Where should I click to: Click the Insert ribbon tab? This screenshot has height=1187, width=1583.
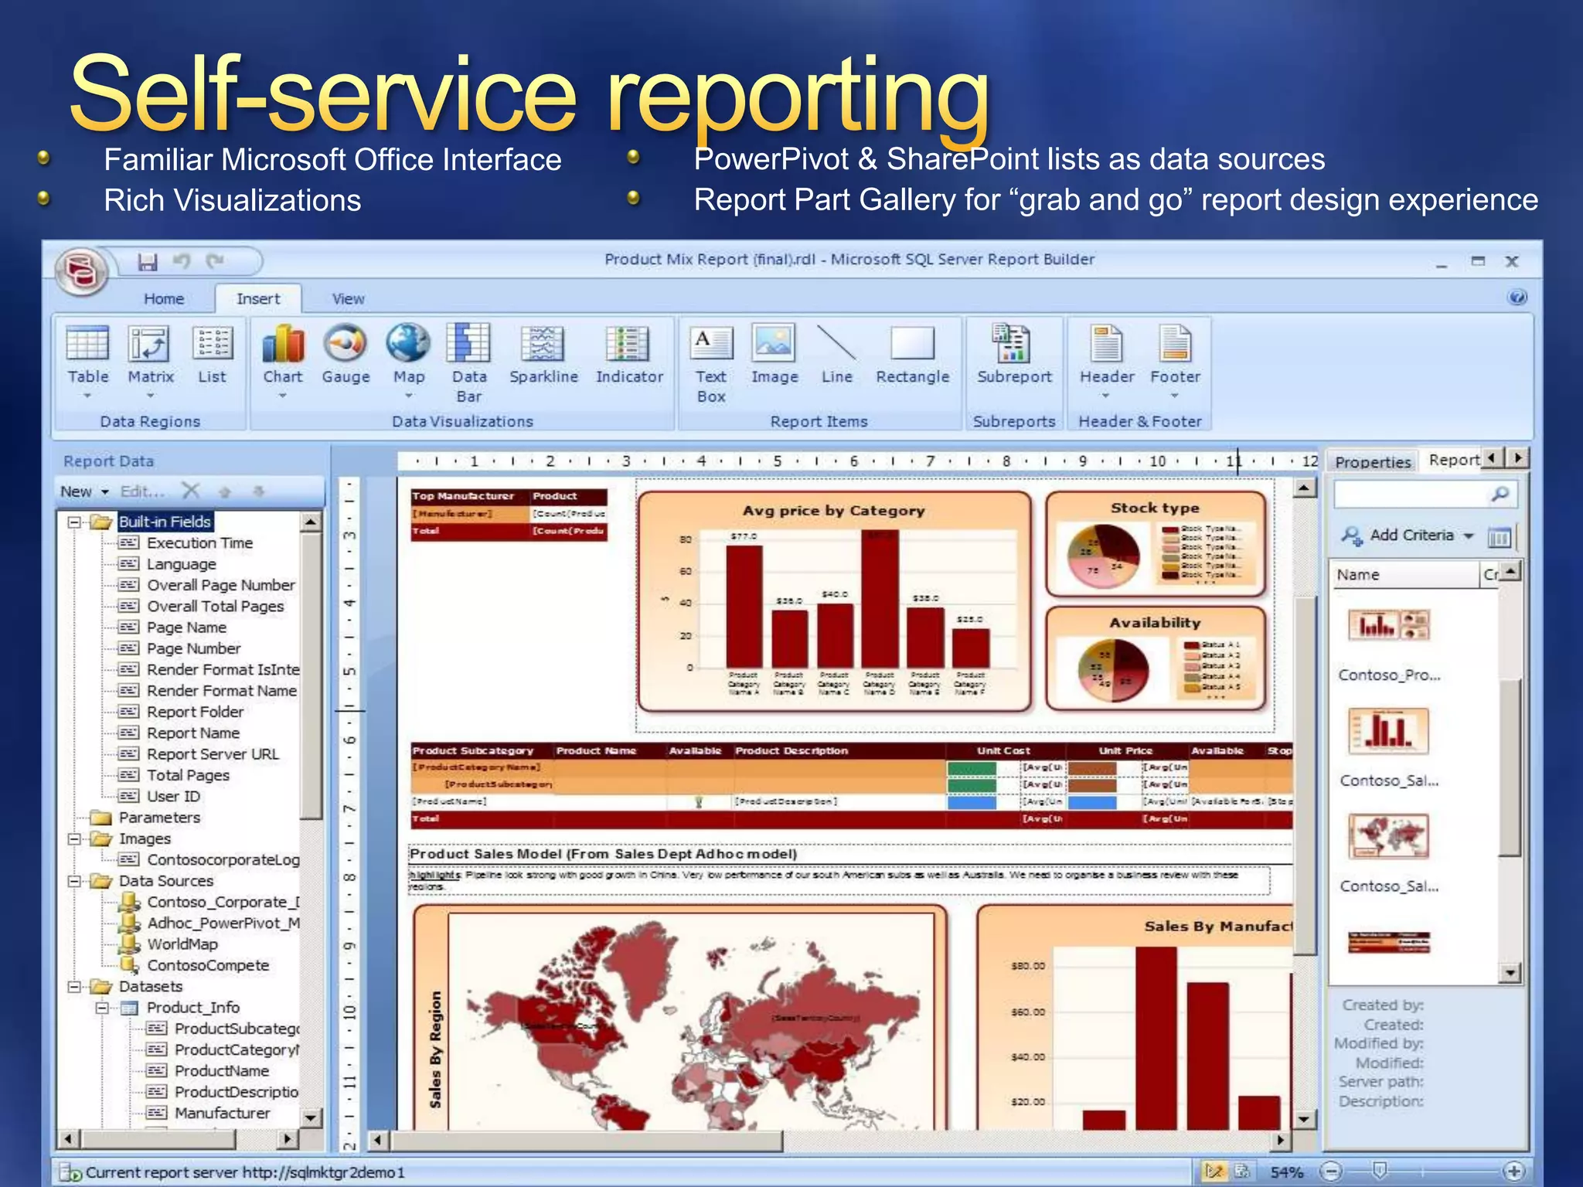click(258, 299)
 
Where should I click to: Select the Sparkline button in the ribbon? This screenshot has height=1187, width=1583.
click(543, 355)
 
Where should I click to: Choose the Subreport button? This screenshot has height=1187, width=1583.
click(1014, 355)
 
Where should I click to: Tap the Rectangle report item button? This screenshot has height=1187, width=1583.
click(912, 355)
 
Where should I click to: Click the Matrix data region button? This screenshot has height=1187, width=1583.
click(150, 355)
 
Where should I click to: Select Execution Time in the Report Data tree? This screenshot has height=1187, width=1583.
click(199, 543)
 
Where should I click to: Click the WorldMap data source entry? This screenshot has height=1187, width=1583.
click(182, 944)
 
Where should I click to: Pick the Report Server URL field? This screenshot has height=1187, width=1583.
click(213, 754)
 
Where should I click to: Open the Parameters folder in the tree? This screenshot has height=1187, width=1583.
click(159, 818)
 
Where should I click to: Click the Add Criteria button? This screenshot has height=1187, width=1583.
click(1411, 535)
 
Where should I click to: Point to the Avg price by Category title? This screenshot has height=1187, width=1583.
click(833, 511)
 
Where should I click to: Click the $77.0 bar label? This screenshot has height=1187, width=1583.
click(744, 536)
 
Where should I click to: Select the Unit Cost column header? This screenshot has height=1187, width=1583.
click(1003, 750)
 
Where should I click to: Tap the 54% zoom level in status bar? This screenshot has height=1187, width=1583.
click(1286, 1172)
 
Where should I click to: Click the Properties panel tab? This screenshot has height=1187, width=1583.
click(1373, 462)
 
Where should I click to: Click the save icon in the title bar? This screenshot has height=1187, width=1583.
click(148, 262)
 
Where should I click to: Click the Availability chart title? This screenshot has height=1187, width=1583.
click(1155, 623)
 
